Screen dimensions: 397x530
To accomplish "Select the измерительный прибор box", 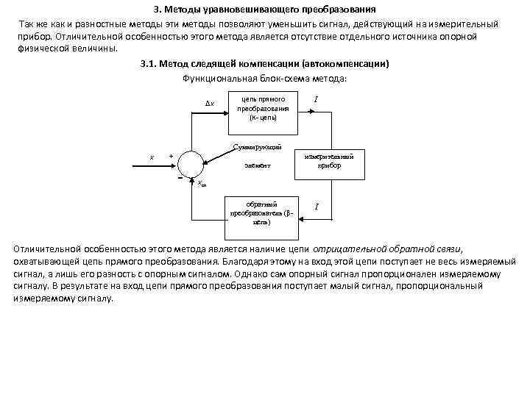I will pos(328,161).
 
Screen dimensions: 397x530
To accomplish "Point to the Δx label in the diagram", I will pos(209,104).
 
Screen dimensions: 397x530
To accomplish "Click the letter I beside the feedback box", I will pos(317,207).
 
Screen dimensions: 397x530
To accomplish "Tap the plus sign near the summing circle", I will pos(171,155).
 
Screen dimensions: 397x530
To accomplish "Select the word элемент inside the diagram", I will pos(257,166).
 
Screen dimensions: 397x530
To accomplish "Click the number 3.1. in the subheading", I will pos(150,65).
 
